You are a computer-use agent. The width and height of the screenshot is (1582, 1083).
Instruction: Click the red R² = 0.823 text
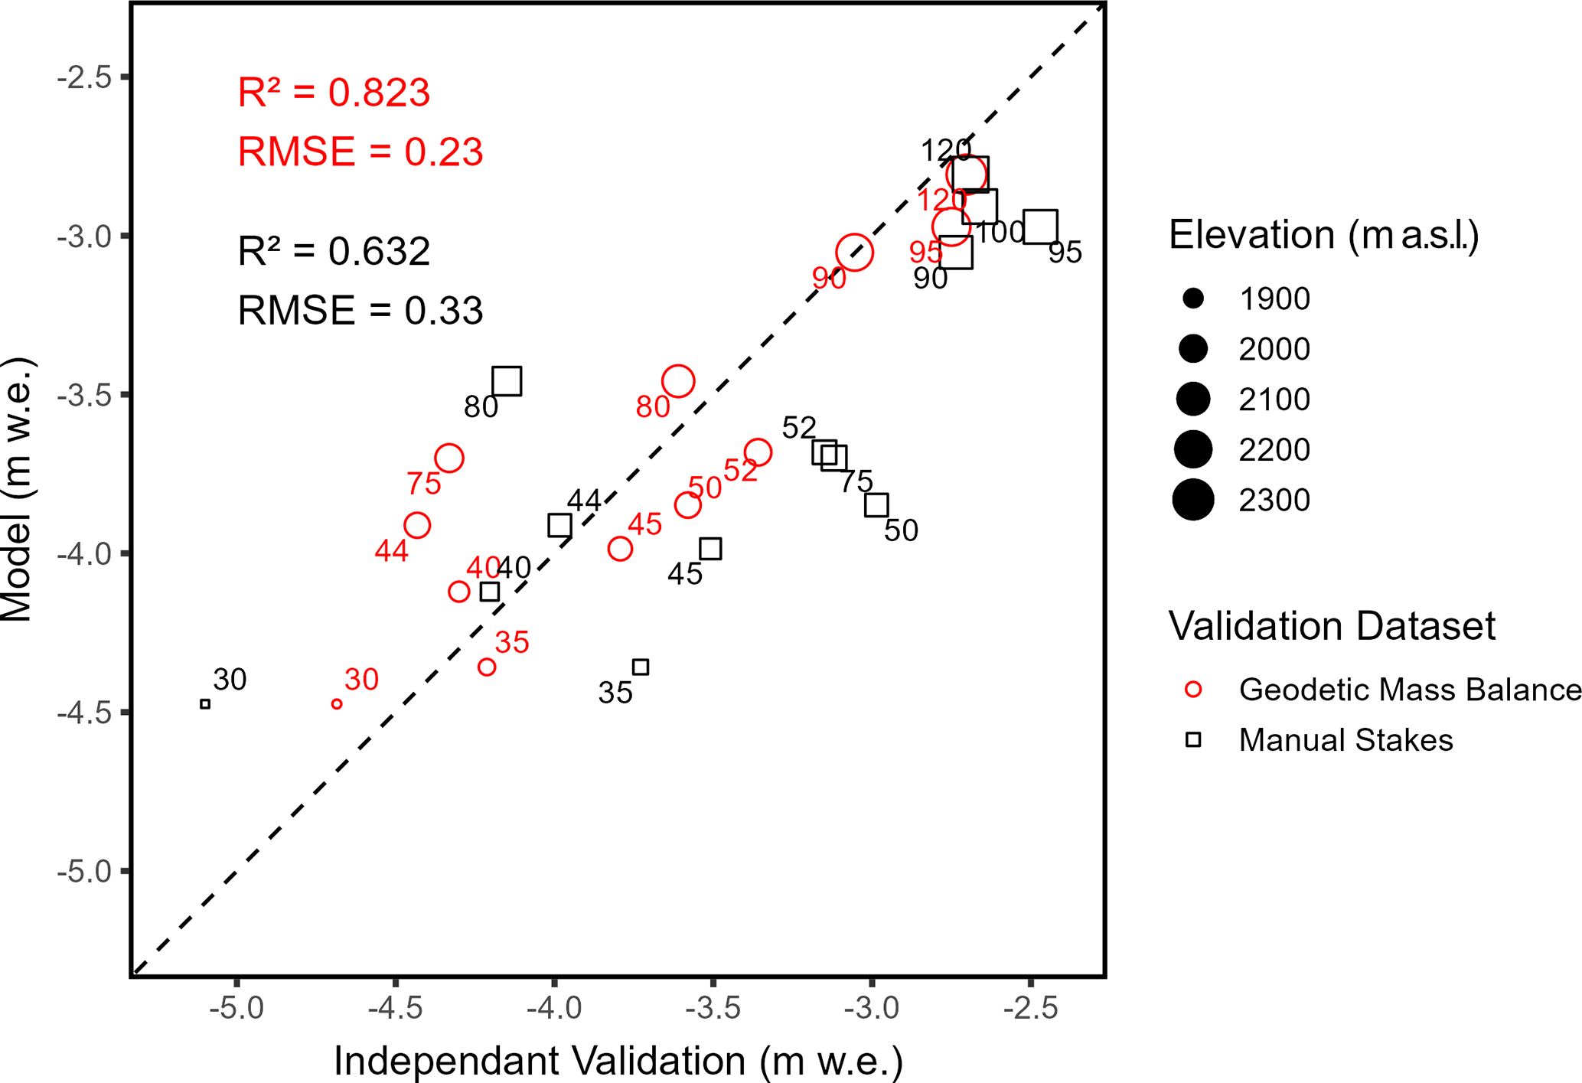click(334, 93)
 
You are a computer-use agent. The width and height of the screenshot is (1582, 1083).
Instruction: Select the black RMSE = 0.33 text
click(360, 311)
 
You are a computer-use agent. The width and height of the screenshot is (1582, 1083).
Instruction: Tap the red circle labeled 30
click(337, 704)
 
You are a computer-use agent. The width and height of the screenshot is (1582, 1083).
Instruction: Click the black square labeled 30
click(205, 704)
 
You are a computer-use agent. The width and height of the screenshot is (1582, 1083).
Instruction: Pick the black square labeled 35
click(641, 667)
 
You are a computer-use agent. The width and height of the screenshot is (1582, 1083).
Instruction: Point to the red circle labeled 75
click(449, 458)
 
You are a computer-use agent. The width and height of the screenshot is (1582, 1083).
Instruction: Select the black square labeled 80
click(507, 380)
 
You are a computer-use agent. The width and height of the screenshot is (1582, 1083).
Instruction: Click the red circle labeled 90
click(854, 253)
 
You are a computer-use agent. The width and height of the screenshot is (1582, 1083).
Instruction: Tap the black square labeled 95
click(1040, 227)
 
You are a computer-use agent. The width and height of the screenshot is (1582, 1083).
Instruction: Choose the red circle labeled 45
click(620, 549)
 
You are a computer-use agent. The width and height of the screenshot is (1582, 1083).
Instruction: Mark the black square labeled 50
click(876, 505)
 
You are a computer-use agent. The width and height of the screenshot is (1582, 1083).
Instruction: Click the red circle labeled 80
click(678, 381)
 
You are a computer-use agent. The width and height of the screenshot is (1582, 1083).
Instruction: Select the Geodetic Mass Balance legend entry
click(1408, 690)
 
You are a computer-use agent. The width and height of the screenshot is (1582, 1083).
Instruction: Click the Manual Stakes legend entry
click(1345, 740)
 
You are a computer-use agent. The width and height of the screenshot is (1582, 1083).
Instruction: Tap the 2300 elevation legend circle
click(1193, 500)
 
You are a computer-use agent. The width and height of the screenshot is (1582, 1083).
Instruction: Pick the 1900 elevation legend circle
click(1193, 298)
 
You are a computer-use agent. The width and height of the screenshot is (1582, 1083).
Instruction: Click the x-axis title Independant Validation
click(618, 1061)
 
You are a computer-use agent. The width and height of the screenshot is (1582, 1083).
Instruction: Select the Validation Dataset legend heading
click(1332, 626)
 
